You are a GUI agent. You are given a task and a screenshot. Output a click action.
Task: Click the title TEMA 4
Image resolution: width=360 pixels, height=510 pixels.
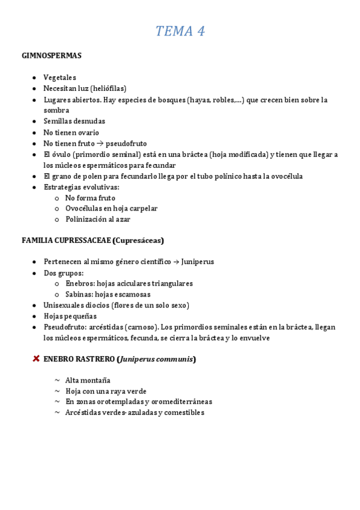180,31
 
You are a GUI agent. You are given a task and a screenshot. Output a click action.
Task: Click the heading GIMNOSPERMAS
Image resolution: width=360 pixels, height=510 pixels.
52,56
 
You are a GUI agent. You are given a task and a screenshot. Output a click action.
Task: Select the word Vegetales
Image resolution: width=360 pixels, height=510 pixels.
59,78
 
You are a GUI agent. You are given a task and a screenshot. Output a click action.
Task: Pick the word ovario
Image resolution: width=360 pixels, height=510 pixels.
88,132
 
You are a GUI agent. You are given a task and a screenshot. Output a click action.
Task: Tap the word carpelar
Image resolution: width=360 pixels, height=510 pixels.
142,209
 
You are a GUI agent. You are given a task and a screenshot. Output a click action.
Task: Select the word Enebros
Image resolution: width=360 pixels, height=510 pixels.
79,283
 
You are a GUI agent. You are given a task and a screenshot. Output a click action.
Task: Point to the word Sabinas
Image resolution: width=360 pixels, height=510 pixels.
79,294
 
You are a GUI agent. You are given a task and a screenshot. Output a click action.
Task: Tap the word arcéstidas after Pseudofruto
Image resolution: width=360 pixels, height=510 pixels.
108,327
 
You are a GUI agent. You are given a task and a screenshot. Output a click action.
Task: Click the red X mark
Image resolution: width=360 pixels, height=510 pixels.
35,359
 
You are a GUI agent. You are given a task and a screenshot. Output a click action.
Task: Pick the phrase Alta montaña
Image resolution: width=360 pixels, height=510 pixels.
88,381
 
